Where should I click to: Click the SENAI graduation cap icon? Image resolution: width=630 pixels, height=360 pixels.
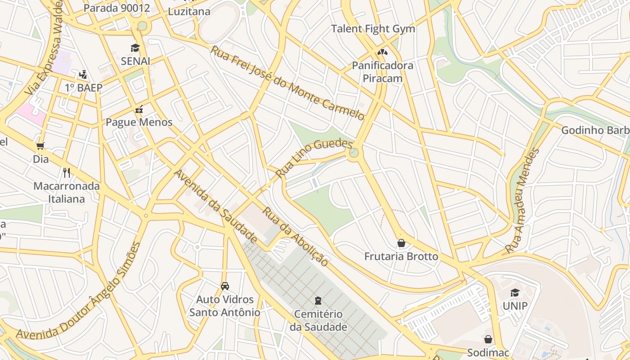(135, 48)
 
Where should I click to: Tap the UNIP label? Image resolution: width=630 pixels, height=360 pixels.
(515, 306)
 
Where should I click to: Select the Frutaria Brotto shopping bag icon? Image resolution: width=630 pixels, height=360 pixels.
(401, 243)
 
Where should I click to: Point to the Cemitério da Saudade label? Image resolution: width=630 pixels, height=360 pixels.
(318, 320)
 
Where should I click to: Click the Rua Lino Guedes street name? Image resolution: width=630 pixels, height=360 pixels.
(314, 158)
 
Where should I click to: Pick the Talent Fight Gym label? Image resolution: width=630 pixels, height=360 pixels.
(373, 29)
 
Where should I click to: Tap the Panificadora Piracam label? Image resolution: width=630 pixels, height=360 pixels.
(382, 72)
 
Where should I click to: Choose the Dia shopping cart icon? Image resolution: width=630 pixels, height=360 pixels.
(40, 146)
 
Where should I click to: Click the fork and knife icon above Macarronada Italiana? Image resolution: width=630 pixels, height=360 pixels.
(67, 172)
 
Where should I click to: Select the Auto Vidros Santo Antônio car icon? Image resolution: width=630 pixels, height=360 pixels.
(225, 286)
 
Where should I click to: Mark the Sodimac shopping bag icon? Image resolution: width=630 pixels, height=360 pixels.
(488, 339)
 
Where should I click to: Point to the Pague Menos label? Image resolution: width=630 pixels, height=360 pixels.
(139, 122)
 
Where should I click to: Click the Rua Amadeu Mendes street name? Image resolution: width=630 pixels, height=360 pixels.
(522, 201)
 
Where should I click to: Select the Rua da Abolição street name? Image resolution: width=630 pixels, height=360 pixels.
(295, 236)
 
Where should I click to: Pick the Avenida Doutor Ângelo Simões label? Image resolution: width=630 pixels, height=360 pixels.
(79, 291)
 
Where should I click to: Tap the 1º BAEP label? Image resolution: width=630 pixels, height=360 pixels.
(84, 88)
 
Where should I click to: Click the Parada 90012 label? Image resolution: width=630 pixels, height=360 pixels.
(117, 8)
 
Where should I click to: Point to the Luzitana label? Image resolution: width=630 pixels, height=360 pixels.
(189, 12)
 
